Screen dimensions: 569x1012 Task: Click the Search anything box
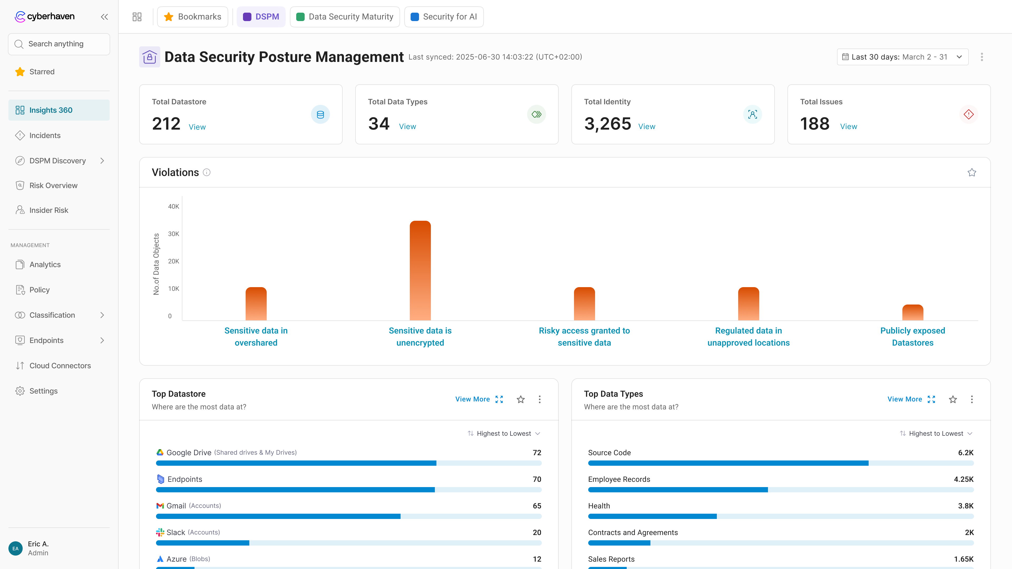59,44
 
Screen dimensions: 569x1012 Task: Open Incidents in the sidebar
45,135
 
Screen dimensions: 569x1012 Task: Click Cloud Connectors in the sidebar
60,366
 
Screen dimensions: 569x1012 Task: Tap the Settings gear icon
20,391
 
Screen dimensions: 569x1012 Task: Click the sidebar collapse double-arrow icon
104,17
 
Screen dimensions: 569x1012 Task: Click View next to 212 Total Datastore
197,127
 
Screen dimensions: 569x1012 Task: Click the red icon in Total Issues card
969,114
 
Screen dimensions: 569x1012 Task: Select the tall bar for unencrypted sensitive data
420,271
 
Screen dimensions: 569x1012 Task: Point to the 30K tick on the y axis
173,234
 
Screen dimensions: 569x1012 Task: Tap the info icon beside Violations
207,172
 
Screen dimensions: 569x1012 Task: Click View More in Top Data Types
904,399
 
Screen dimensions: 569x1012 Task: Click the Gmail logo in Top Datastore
160,506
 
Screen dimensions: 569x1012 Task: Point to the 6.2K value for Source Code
965,453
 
